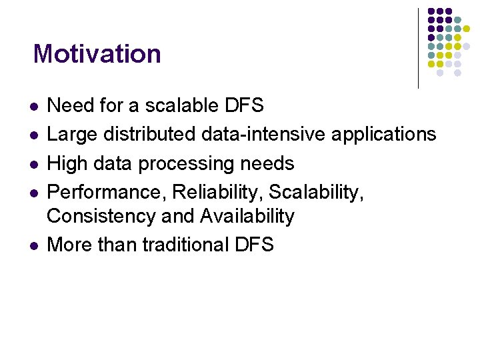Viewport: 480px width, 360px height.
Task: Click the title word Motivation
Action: click(x=97, y=53)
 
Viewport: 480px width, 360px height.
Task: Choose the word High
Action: click(x=69, y=163)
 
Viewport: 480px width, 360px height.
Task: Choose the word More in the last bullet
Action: click(x=70, y=245)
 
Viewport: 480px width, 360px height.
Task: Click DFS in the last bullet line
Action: click(x=254, y=245)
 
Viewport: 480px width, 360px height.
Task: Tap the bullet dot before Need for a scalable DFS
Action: click(x=33, y=107)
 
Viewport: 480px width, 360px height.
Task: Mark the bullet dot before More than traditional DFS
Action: click(x=33, y=246)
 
